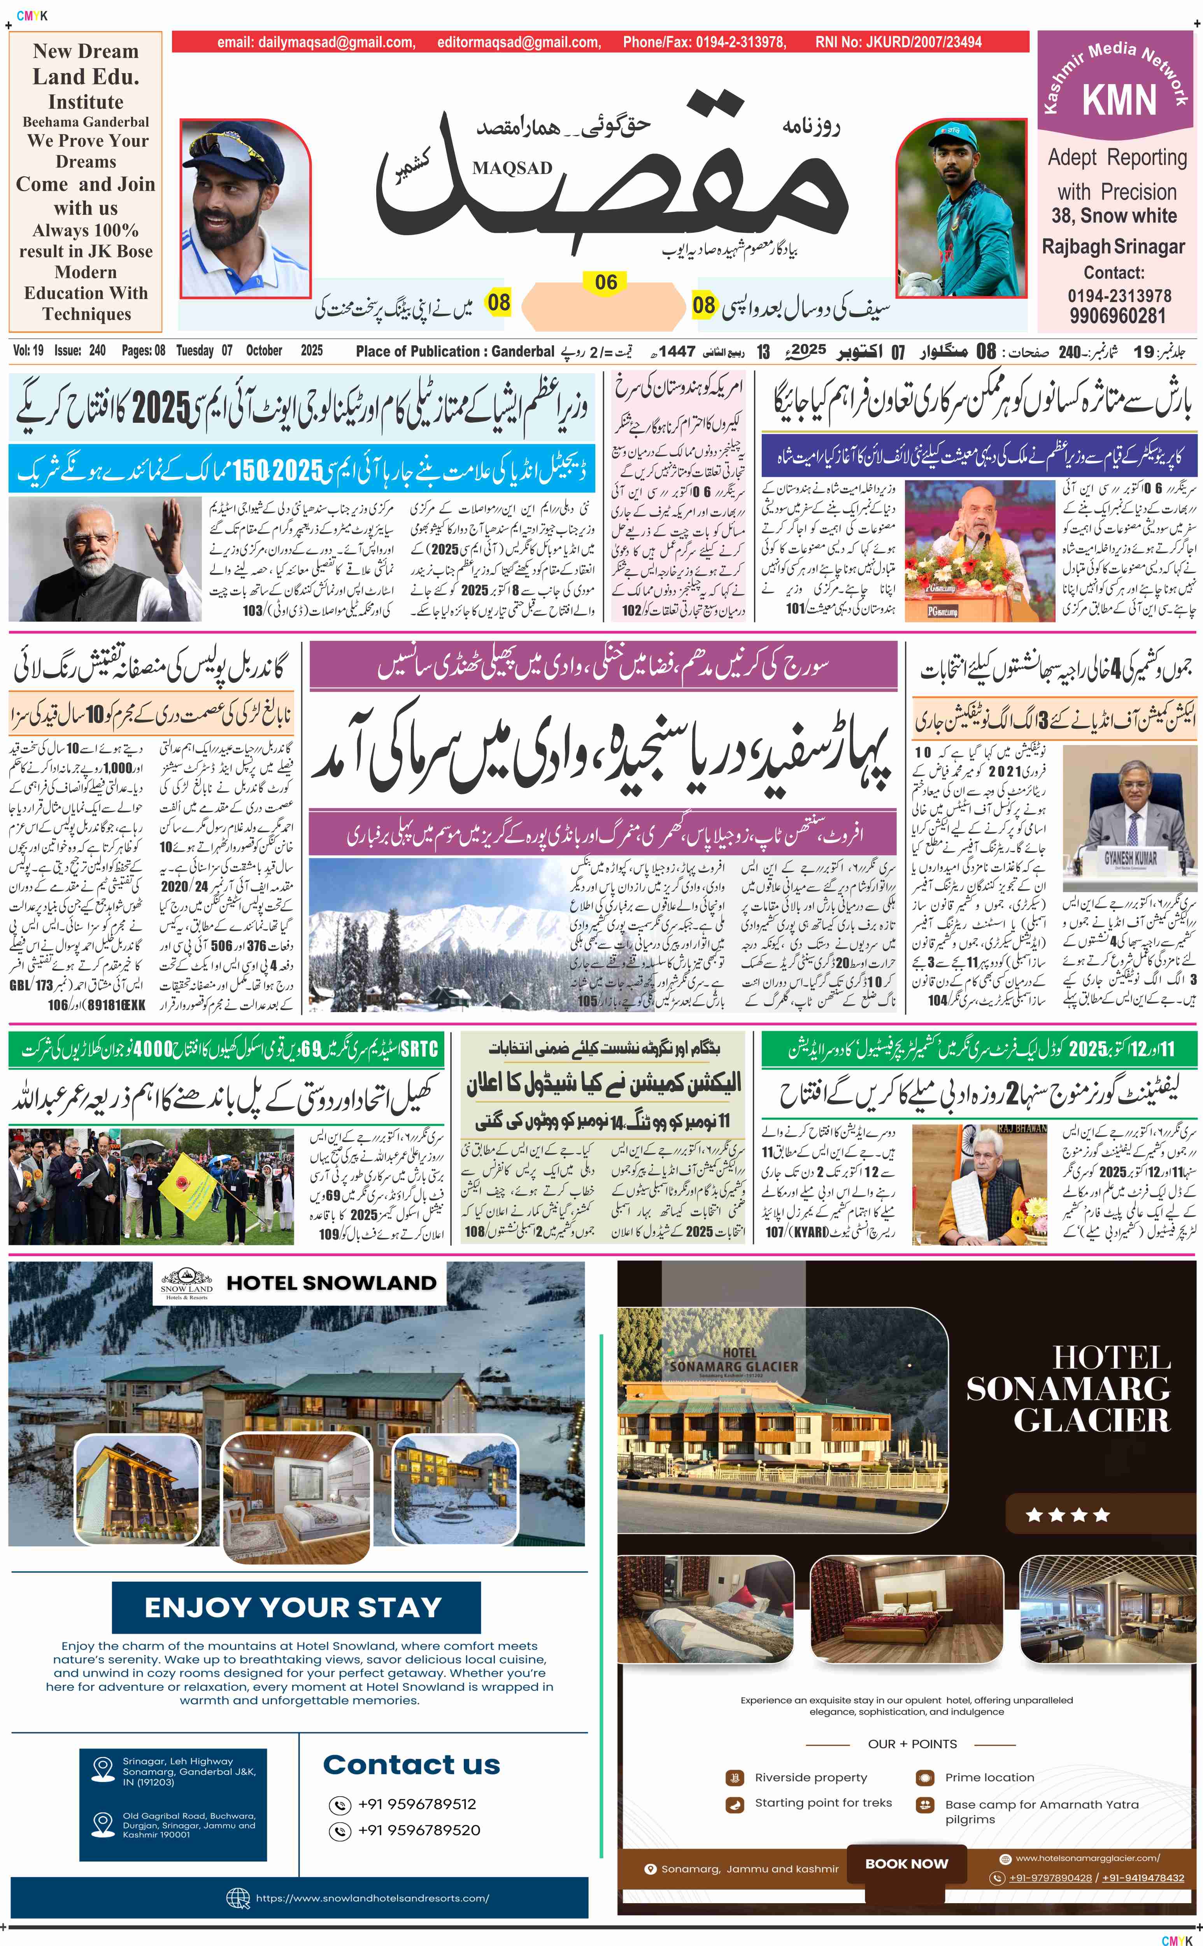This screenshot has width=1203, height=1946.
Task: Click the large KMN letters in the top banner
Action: click(1119, 100)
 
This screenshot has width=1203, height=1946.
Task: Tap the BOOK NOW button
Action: click(906, 1863)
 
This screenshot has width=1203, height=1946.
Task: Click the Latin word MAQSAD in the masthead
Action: click(512, 168)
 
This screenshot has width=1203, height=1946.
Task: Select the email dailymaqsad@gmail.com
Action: click(315, 42)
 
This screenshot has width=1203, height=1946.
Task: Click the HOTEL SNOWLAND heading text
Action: click(331, 1283)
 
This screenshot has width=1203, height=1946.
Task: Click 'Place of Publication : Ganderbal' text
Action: click(454, 351)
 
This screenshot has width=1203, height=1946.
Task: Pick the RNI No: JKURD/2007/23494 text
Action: click(898, 42)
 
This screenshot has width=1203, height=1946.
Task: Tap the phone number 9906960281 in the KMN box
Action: click(1117, 315)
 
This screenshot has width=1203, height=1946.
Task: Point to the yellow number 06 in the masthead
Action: click(605, 283)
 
